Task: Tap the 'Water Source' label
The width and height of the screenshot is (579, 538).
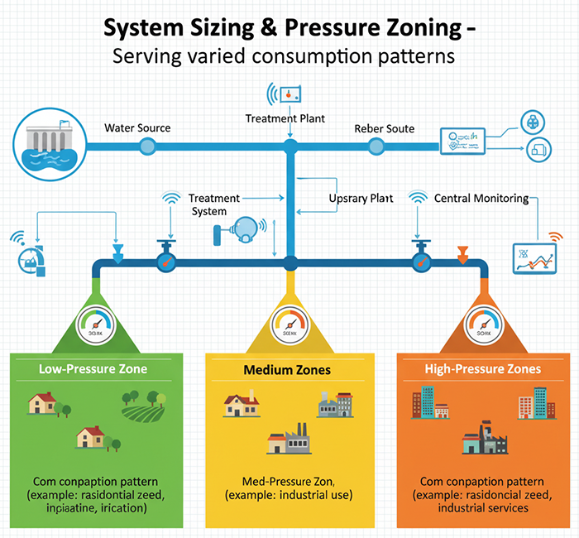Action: (137, 128)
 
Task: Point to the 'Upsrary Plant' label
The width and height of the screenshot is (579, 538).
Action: (360, 199)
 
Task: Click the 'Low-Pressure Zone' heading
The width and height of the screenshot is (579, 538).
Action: (93, 368)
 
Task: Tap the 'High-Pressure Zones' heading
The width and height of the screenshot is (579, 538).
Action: (482, 368)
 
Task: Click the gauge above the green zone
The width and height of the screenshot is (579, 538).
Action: (97, 324)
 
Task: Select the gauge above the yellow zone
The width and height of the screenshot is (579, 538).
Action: (289, 324)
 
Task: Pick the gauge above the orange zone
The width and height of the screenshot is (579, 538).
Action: (483, 324)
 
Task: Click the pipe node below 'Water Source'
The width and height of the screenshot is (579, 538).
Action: (147, 147)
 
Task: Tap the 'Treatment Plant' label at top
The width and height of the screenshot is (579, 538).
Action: (285, 118)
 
